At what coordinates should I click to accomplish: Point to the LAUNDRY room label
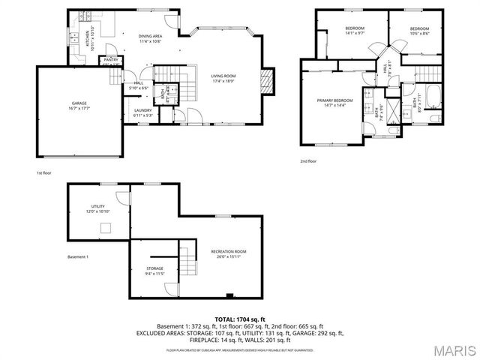(x=142, y=112)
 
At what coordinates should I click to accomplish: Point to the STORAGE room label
(x=154, y=269)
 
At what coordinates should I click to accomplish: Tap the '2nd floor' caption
(x=308, y=161)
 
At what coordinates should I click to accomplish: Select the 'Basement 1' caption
(x=78, y=257)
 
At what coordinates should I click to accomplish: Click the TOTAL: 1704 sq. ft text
(x=239, y=319)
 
